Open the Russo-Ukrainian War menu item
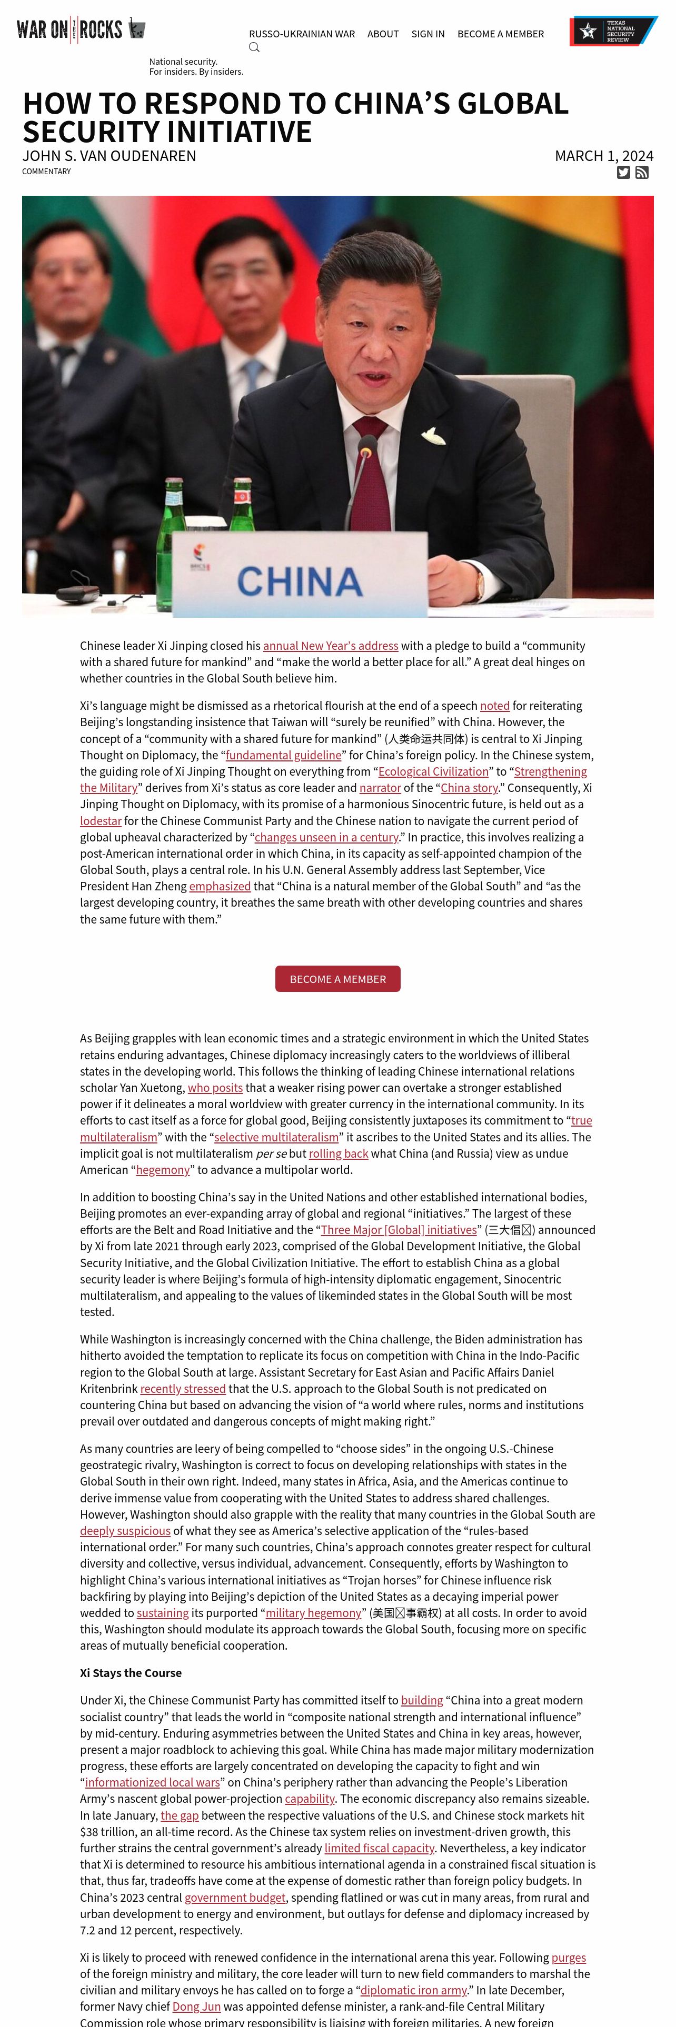click(301, 34)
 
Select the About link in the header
click(382, 34)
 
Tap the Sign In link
click(428, 34)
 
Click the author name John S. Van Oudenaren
click(110, 156)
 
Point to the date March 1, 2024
click(603, 156)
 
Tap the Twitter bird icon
click(623, 172)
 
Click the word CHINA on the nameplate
click(300, 581)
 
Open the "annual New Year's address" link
click(331, 645)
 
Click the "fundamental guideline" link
click(283, 755)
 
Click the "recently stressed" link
click(183, 1388)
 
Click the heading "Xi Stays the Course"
click(131, 1672)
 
